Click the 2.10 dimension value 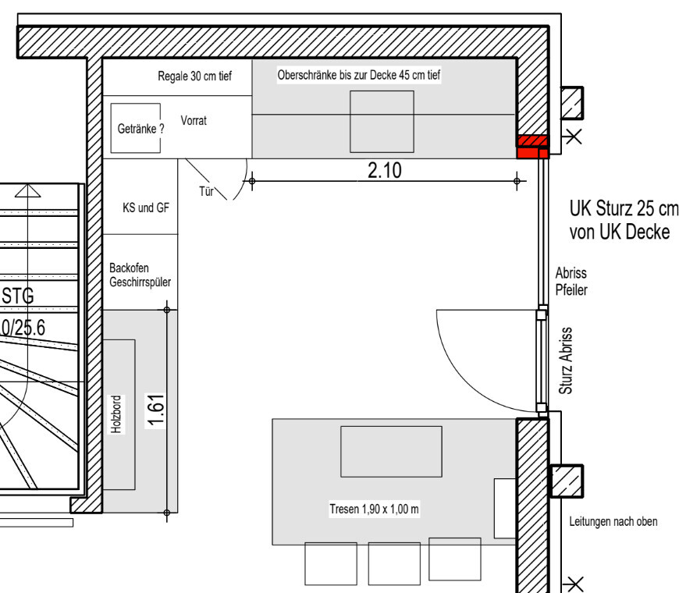(385, 171)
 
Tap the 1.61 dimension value (156, 410)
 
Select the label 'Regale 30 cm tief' (194, 76)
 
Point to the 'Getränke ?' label (140, 129)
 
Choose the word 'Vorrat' (194, 120)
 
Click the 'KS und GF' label (146, 208)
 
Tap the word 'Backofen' (129, 268)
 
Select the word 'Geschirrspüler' (140, 282)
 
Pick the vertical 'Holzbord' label (116, 414)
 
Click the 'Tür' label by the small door (207, 191)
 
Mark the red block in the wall (532, 147)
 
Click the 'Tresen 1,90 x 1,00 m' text (374, 509)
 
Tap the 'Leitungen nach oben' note (613, 521)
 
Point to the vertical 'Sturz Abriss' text (566, 360)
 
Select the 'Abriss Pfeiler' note (571, 282)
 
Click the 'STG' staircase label (18, 296)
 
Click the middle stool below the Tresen (394, 563)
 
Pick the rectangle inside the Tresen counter (392, 452)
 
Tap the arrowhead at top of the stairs (28, 191)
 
